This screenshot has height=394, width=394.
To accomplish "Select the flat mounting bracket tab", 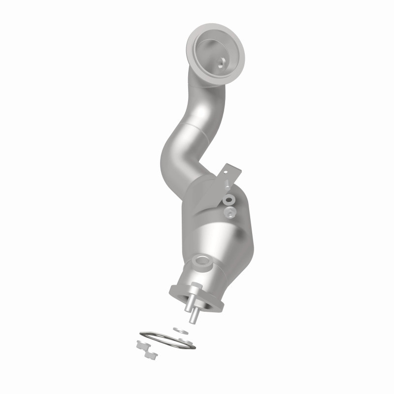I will [x=230, y=173].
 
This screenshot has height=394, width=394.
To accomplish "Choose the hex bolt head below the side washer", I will [x=229, y=212].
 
